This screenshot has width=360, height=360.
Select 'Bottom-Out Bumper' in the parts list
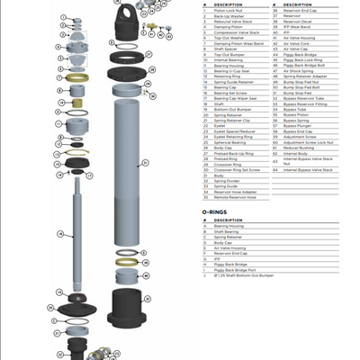230,108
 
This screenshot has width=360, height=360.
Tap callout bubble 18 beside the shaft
59,233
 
